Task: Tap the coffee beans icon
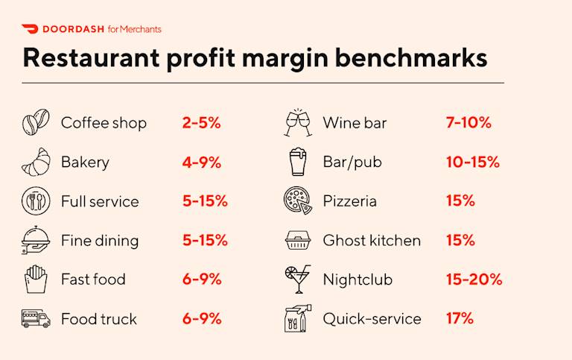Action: [x=35, y=122]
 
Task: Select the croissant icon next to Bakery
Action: [x=35, y=162]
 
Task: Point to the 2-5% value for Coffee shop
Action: [x=201, y=123]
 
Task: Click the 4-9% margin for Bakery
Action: [x=201, y=162]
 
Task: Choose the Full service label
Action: [x=100, y=201]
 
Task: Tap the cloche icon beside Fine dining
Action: [x=35, y=240]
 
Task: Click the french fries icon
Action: [x=35, y=280]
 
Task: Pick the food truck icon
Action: [x=35, y=319]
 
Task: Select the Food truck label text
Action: [x=99, y=319]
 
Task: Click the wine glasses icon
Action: [x=298, y=122]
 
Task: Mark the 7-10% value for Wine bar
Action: [x=468, y=123]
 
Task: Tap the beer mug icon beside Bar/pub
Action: [x=298, y=162]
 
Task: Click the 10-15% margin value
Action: [x=472, y=162]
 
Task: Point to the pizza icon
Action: [x=298, y=200]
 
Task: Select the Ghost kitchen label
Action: [x=372, y=240]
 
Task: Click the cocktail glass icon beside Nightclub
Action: [x=298, y=279]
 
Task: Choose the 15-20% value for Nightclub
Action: [x=474, y=280]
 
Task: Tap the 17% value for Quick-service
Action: [x=460, y=318]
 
